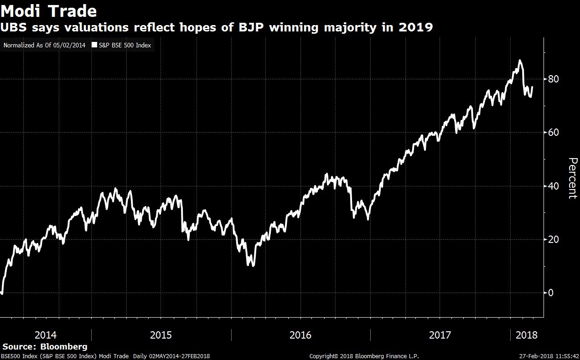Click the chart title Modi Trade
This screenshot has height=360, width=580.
(x=49, y=10)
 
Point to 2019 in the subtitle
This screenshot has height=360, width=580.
(x=415, y=27)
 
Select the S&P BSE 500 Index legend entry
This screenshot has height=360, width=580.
(x=124, y=46)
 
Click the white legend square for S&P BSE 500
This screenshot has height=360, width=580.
(x=94, y=46)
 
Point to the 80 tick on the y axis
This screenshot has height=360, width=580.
(x=553, y=79)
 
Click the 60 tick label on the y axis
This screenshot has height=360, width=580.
(x=553, y=133)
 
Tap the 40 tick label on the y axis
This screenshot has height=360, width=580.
(x=553, y=186)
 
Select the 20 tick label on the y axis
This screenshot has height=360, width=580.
(x=553, y=239)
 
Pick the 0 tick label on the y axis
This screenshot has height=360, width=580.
(x=550, y=293)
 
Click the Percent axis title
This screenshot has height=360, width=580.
(x=573, y=178)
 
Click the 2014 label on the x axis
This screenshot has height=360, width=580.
(x=46, y=335)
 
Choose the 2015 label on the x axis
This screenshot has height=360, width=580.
(x=161, y=335)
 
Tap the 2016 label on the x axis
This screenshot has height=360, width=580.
(x=300, y=335)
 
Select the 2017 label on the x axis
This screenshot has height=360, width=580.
(x=440, y=335)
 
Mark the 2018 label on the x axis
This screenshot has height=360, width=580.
(x=526, y=335)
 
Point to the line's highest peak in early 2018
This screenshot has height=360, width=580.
(x=520, y=61)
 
